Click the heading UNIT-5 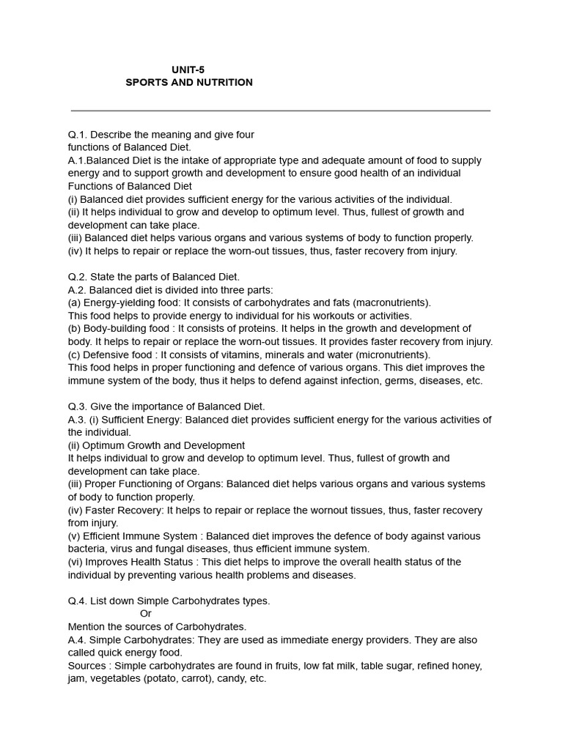tap(188, 70)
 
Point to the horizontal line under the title tap(281, 111)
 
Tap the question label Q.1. tap(77, 135)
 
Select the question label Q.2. tap(77, 277)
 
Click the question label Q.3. tap(77, 406)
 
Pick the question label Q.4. tap(77, 601)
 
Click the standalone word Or tap(146, 614)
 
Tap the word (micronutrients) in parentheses tap(394, 354)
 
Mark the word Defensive tap(106, 354)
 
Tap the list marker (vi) tap(75, 562)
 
